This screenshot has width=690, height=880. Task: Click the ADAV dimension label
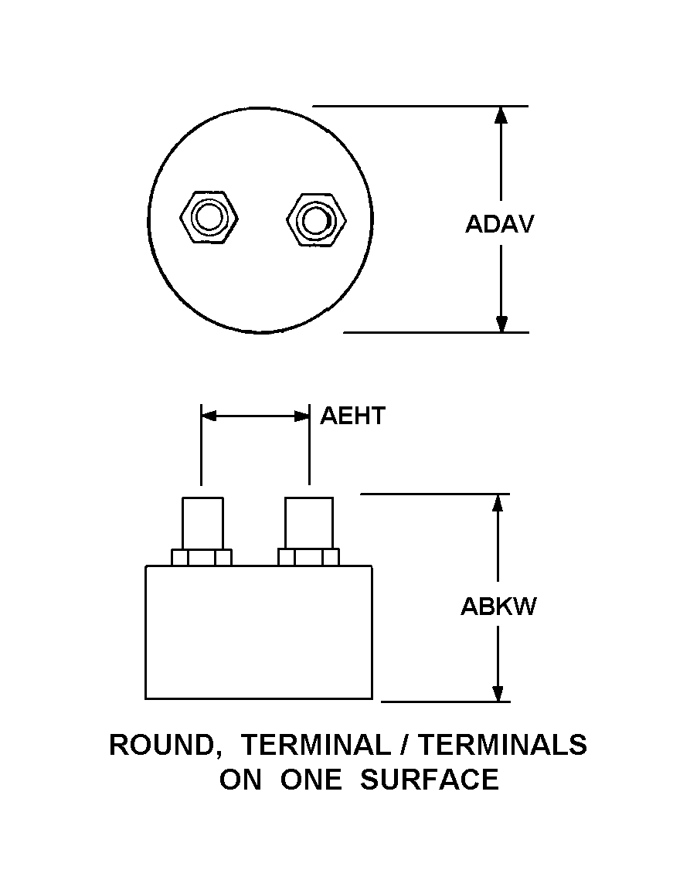pos(499,224)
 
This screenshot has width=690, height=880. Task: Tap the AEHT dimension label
pos(352,416)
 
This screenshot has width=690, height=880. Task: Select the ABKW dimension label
pos(498,606)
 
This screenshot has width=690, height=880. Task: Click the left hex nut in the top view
pos(208,218)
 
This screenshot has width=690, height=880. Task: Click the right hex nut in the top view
pos(315,220)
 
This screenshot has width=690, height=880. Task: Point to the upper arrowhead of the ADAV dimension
pos(501,115)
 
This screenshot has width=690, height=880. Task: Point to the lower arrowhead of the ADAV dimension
pos(501,323)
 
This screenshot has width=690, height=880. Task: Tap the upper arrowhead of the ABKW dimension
pos(498,503)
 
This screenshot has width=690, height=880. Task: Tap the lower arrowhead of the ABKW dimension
pos(498,692)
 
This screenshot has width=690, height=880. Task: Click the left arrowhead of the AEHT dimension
pos(209,416)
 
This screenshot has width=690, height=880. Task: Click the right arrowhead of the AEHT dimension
pos(301,416)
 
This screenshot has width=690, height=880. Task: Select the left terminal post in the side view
pos(202,522)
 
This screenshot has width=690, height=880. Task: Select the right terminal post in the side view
pos(309,522)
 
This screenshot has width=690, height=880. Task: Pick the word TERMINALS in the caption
pos(502,745)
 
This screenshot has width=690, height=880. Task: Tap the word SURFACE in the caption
pos(430,780)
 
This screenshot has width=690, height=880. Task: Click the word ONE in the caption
pos(310,780)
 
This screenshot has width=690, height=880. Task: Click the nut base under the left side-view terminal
pos(202,557)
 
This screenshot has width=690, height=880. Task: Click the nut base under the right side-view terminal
pos(308,557)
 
